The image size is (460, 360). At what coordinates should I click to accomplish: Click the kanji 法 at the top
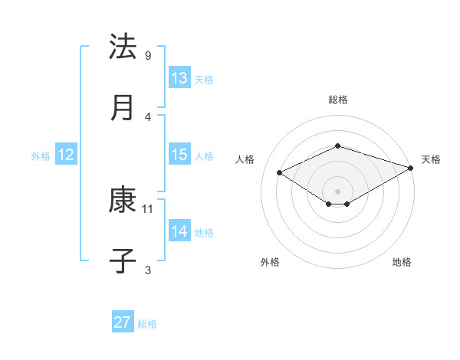click(123, 47)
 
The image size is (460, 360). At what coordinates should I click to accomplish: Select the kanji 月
click(123, 108)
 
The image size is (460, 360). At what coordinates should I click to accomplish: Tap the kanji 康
click(123, 200)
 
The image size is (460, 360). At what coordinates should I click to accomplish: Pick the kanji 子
click(123, 260)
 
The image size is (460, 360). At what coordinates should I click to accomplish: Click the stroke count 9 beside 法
click(147, 56)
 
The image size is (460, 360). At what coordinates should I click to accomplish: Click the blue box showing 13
click(179, 78)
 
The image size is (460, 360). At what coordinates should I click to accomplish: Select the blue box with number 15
click(179, 155)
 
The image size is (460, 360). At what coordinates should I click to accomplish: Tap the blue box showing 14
click(179, 231)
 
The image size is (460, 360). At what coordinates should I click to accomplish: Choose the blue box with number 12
click(65, 155)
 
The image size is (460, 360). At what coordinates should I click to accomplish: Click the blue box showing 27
click(123, 322)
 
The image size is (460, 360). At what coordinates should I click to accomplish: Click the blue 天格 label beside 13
click(204, 80)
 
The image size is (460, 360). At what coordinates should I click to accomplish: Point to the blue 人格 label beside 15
click(204, 156)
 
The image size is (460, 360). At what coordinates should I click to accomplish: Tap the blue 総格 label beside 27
click(147, 324)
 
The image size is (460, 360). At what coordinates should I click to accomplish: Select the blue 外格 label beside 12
click(41, 156)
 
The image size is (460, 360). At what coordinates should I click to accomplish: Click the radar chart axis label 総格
click(337, 100)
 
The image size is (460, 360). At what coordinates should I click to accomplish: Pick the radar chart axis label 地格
click(402, 263)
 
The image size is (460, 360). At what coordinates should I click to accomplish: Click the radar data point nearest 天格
click(412, 168)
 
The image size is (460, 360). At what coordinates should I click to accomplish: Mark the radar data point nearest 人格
click(279, 172)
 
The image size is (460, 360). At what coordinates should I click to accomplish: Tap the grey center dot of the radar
click(337, 191)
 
